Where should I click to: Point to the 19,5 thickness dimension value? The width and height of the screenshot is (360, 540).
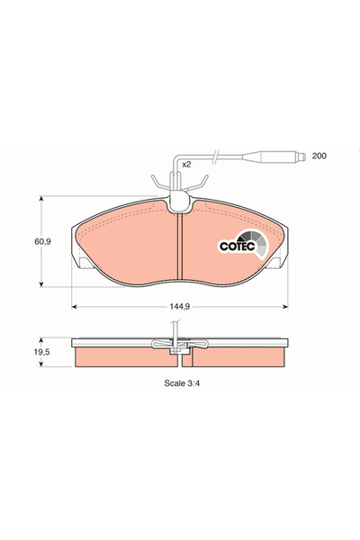coord(40,355)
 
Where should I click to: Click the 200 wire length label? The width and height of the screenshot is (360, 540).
coord(319,157)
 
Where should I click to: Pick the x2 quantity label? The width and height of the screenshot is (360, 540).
coord(186,165)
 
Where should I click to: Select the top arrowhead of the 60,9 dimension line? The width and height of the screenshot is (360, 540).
coord(40,201)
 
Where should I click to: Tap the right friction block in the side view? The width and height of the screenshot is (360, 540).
coord(241,357)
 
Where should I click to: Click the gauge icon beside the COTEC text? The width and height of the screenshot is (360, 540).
coord(256,244)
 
